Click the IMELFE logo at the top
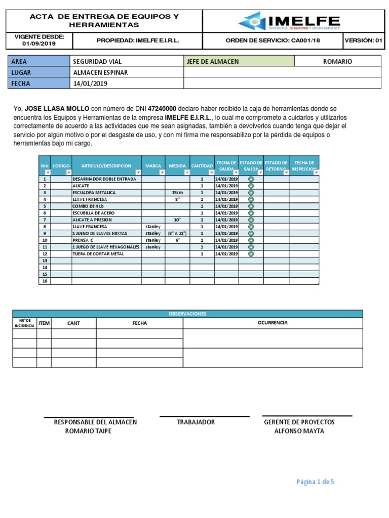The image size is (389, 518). tap(289, 21)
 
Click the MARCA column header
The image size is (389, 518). tap(153, 166)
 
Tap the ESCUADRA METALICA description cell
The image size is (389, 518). tap(94, 193)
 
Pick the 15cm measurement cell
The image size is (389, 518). tap(177, 193)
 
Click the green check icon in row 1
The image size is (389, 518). tap(251, 179)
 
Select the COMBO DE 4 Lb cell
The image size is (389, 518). tap(88, 206)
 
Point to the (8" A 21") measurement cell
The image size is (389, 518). tap(177, 234)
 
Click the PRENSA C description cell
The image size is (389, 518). tap(83, 240)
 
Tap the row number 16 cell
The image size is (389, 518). tap(45, 281)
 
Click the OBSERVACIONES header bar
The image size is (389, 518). tap(187, 314)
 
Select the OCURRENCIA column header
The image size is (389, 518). tap(273, 323)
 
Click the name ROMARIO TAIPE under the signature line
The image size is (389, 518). tap(89, 431)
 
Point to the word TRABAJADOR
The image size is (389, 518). tap(196, 422)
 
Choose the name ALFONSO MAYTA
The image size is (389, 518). tap(299, 431)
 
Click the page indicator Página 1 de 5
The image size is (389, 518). tap(315, 482)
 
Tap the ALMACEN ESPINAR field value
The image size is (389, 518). tap(100, 72)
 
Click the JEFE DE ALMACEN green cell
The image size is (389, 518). tap(239, 61)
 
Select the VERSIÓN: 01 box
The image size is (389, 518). tap(363, 40)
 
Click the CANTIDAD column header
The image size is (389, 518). tap(202, 166)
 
